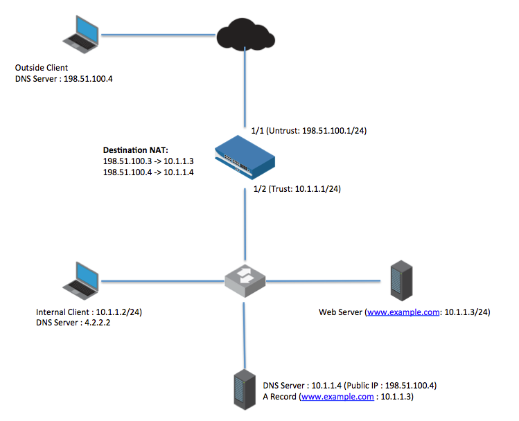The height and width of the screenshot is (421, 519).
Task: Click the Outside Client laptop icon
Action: pyautogui.click(x=82, y=34)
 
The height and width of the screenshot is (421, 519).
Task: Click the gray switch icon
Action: pyautogui.click(x=245, y=280)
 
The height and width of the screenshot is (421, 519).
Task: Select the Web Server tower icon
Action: pyautogui.click(x=398, y=280)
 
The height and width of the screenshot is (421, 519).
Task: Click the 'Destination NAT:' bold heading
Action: pyautogui.click(x=135, y=150)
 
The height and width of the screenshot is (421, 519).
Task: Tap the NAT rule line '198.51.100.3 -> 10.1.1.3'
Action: pyautogui.click(x=148, y=161)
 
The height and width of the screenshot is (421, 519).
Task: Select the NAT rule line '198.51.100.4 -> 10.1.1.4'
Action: pyautogui.click(x=148, y=172)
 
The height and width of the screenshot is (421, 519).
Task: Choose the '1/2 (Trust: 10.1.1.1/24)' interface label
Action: pyautogui.click(x=298, y=189)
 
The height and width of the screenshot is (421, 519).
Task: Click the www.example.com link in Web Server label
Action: pyautogui.click(x=403, y=312)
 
